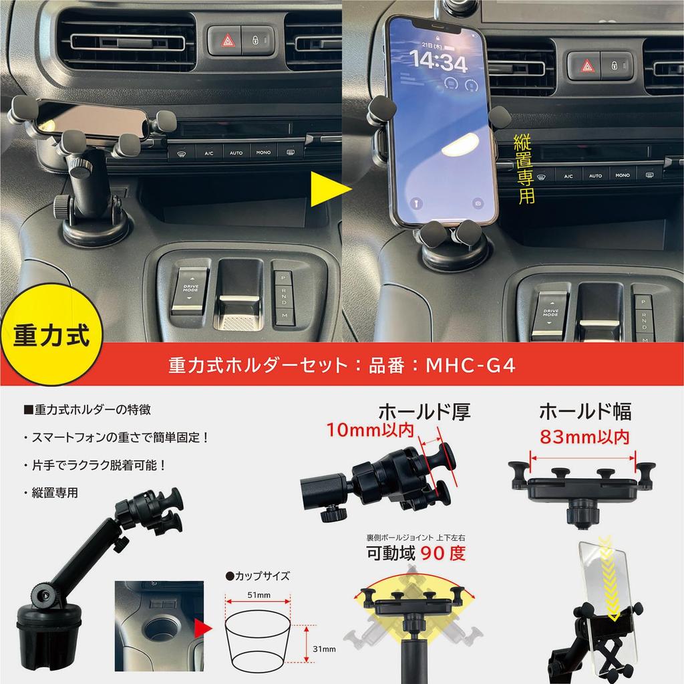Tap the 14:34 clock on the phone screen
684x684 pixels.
[438, 62]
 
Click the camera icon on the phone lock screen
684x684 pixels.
[478, 202]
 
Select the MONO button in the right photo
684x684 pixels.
[622, 175]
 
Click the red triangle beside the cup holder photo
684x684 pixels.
[201, 626]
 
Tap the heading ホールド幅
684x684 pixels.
[584, 410]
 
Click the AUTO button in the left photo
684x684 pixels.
[236, 153]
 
